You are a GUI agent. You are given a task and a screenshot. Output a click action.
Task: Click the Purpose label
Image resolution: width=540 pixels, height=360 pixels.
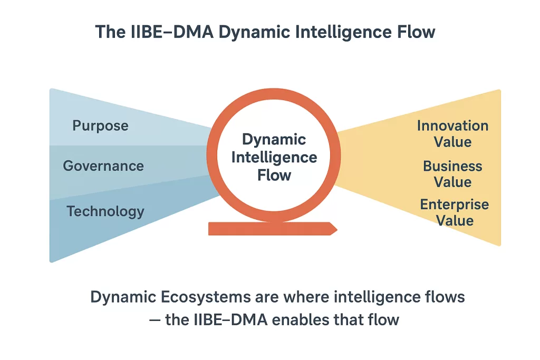pos(100,126)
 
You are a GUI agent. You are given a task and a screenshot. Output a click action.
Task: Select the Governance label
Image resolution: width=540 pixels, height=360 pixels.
pos(103,166)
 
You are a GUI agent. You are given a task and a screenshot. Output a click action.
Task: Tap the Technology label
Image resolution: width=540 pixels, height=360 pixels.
pos(105,211)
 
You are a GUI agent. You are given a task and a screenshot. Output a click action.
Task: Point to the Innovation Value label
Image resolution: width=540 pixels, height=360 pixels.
pos(452,134)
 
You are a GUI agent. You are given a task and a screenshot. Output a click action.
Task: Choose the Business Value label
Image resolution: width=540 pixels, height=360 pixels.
pos(452,174)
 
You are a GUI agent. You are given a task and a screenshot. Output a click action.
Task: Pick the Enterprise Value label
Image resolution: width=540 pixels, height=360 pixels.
pos(454,212)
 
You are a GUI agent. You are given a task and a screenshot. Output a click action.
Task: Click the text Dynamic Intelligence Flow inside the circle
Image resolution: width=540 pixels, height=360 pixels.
pos(274,157)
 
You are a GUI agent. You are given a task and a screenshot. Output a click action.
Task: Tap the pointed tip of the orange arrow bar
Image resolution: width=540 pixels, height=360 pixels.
pos(335,228)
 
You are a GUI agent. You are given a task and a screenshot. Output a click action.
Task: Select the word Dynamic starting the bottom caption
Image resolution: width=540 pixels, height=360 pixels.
pos(120,297)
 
